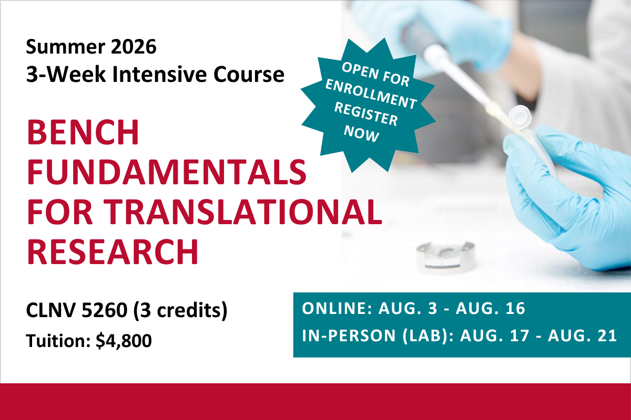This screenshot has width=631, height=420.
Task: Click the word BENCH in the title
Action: pyautogui.click(x=83, y=132)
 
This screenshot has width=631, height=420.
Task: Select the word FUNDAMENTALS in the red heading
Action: pyautogui.click(x=167, y=172)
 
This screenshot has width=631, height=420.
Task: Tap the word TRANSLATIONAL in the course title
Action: pyautogui.click(x=245, y=211)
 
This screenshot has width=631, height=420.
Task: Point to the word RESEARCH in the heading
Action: pyautogui.click(x=113, y=251)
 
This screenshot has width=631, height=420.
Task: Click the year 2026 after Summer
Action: pyautogui.click(x=134, y=46)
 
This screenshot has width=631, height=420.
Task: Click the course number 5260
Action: pyautogui.click(x=105, y=310)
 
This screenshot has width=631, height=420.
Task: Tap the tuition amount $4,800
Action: pyautogui.click(x=124, y=341)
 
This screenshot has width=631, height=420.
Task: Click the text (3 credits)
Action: pyautogui.click(x=180, y=311)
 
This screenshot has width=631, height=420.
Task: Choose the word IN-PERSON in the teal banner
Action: pyautogui.click(x=349, y=335)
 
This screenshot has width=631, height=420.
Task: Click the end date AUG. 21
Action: pyautogui.click(x=582, y=335)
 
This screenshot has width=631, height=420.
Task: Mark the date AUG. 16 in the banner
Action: pyautogui.click(x=491, y=308)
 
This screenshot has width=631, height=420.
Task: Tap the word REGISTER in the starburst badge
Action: pyautogui.click(x=366, y=113)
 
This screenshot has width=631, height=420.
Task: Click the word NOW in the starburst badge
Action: pyautogui.click(x=361, y=134)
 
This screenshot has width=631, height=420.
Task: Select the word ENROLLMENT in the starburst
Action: pyautogui.click(x=371, y=93)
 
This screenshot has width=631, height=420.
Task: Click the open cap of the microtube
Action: pyautogui.click(x=520, y=116)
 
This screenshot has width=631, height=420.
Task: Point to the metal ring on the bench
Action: pyautogui.click(x=446, y=258)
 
